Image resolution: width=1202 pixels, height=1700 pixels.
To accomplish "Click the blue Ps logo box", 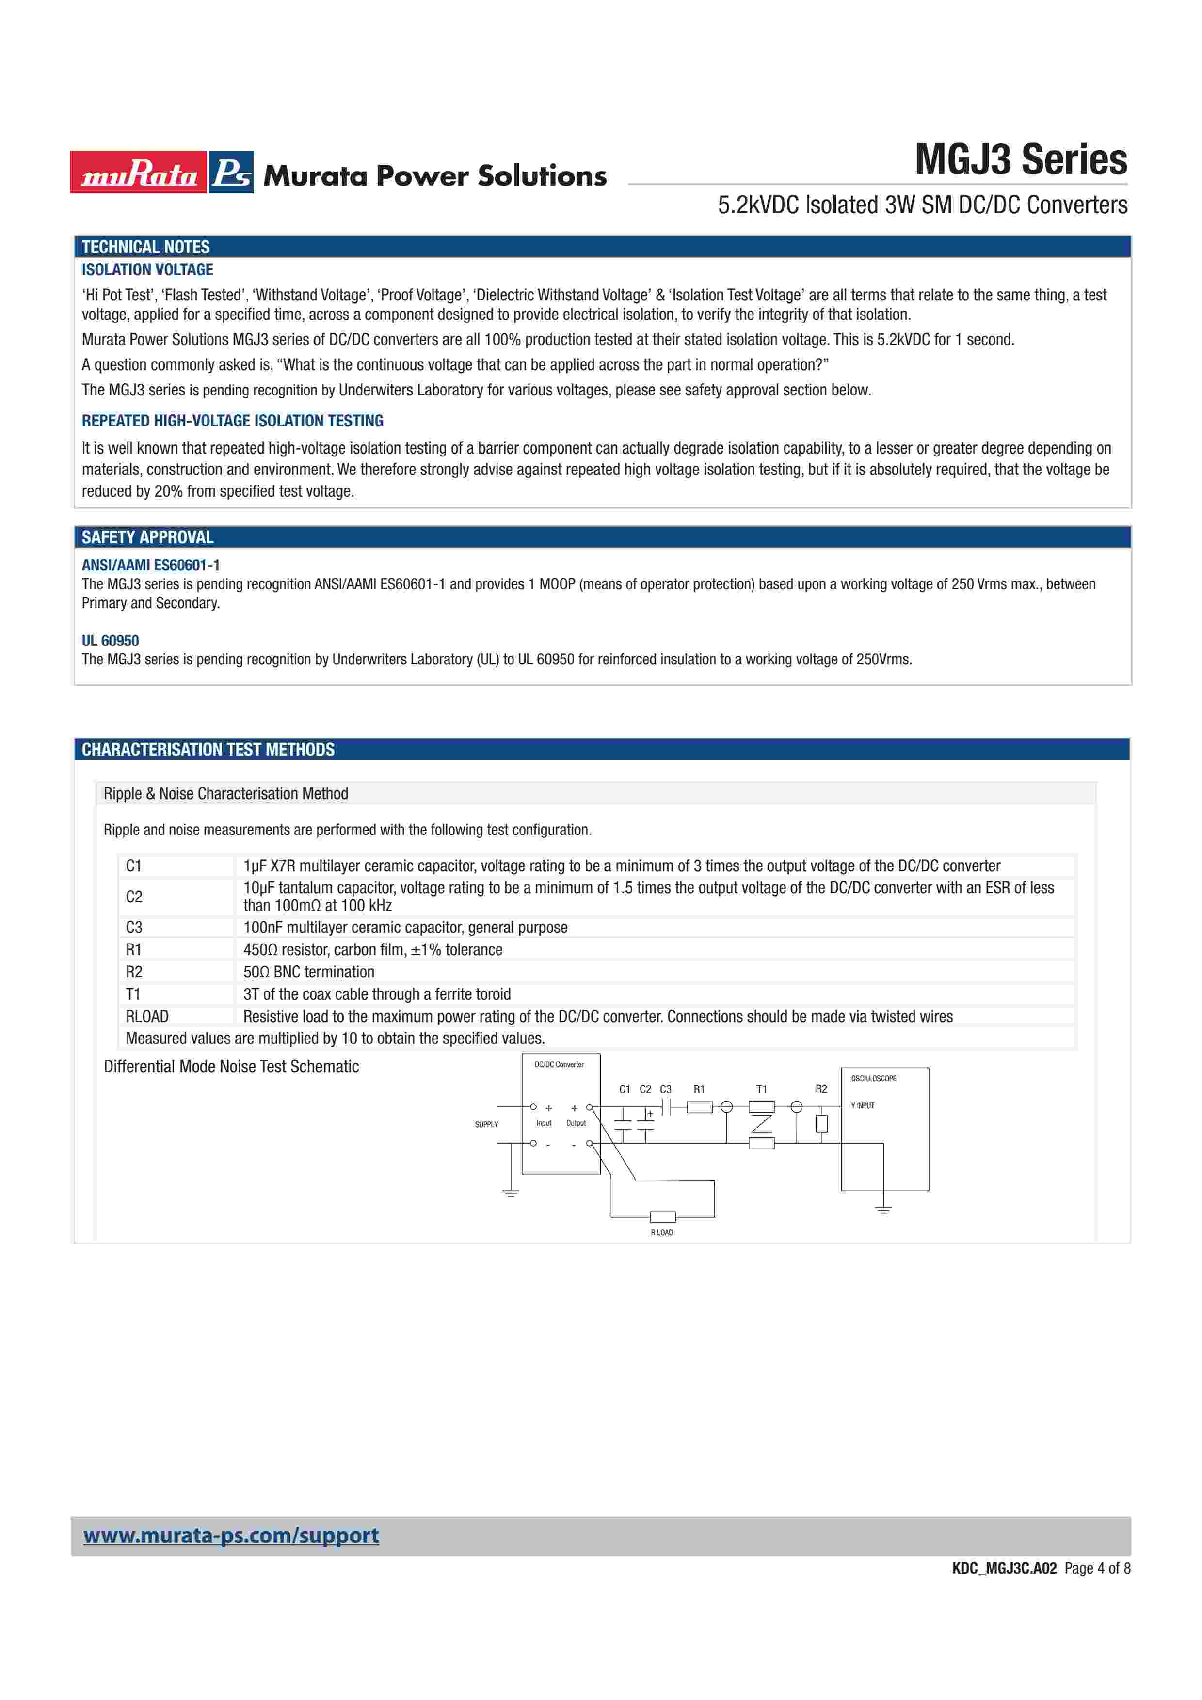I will pyautogui.click(x=231, y=173).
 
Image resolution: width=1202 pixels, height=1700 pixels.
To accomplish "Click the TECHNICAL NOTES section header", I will pyautogui.click(x=146, y=247).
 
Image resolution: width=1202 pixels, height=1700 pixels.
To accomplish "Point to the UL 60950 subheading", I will pyautogui.click(x=111, y=641).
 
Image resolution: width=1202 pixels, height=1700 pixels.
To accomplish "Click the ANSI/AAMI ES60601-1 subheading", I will pyautogui.click(x=150, y=565).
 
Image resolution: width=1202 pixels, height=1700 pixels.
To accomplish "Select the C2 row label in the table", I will pyautogui.click(x=134, y=897).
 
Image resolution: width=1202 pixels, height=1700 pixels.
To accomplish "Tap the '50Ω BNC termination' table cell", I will pyautogui.click(x=309, y=972).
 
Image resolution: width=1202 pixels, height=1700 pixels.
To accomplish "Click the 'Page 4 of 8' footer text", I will pyautogui.click(x=1097, y=1568).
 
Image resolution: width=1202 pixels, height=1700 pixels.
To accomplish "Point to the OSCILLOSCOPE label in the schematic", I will pyautogui.click(x=873, y=1078).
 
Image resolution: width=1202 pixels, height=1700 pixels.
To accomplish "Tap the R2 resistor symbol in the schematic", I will pyautogui.click(x=821, y=1123).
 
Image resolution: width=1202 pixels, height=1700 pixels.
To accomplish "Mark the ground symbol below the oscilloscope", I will pyautogui.click(x=883, y=1210).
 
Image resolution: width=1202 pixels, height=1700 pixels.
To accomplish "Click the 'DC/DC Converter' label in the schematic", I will pyautogui.click(x=559, y=1064).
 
